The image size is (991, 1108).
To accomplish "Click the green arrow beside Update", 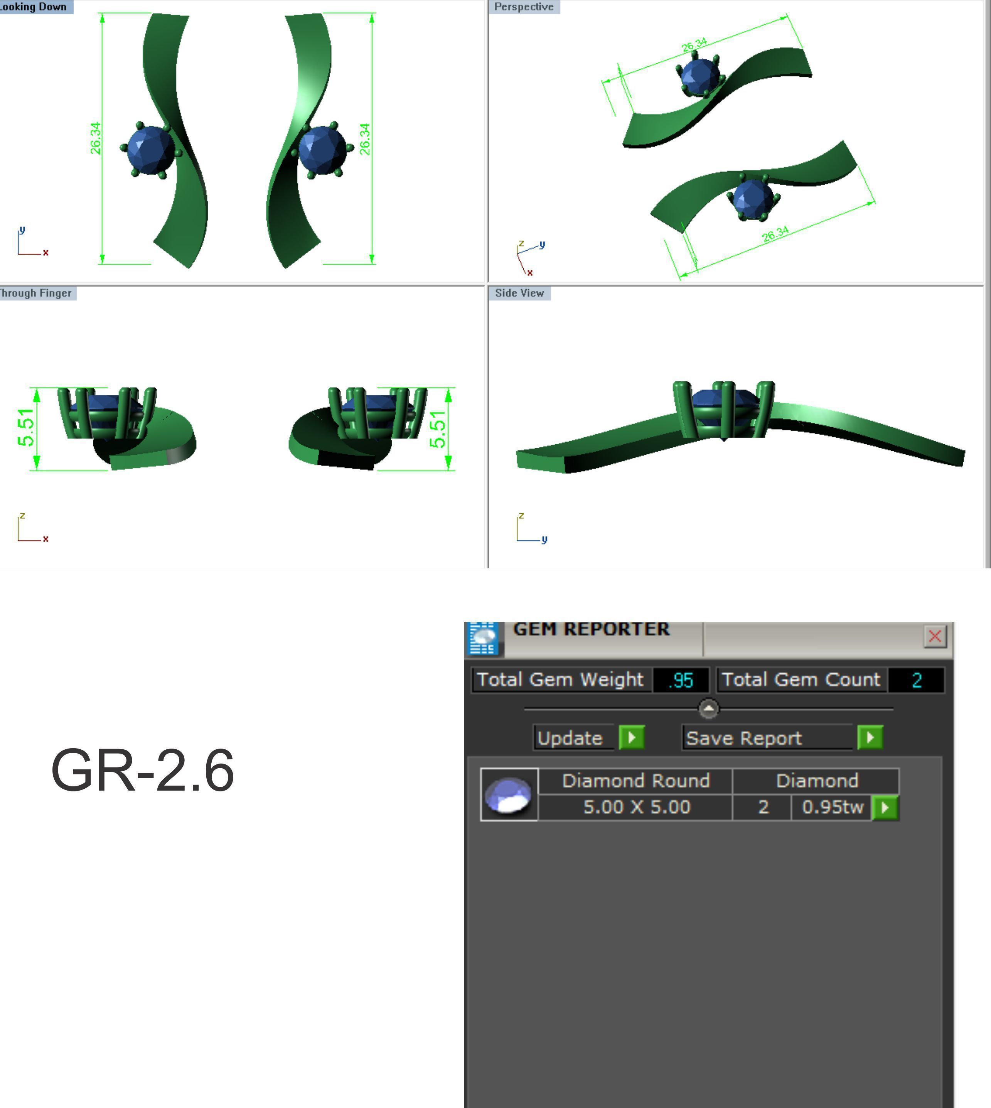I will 632,738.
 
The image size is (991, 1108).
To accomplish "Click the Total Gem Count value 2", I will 917,680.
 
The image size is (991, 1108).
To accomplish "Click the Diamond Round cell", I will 635,781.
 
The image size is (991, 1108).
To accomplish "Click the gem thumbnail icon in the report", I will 509,794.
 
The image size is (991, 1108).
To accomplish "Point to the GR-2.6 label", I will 142,771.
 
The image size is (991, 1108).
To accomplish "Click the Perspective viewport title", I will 523,7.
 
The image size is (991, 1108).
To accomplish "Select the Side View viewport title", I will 519,293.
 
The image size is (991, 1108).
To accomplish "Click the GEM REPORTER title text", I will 591,629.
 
